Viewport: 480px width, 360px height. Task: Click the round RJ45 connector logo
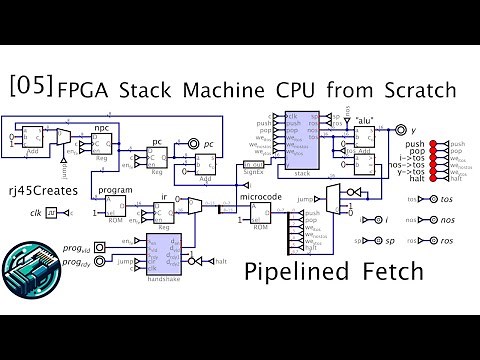(x=27, y=267)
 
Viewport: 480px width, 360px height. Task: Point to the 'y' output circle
(x=400, y=131)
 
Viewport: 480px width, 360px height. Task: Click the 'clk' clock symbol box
(x=53, y=213)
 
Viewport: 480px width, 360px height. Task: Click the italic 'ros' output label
(x=447, y=241)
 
